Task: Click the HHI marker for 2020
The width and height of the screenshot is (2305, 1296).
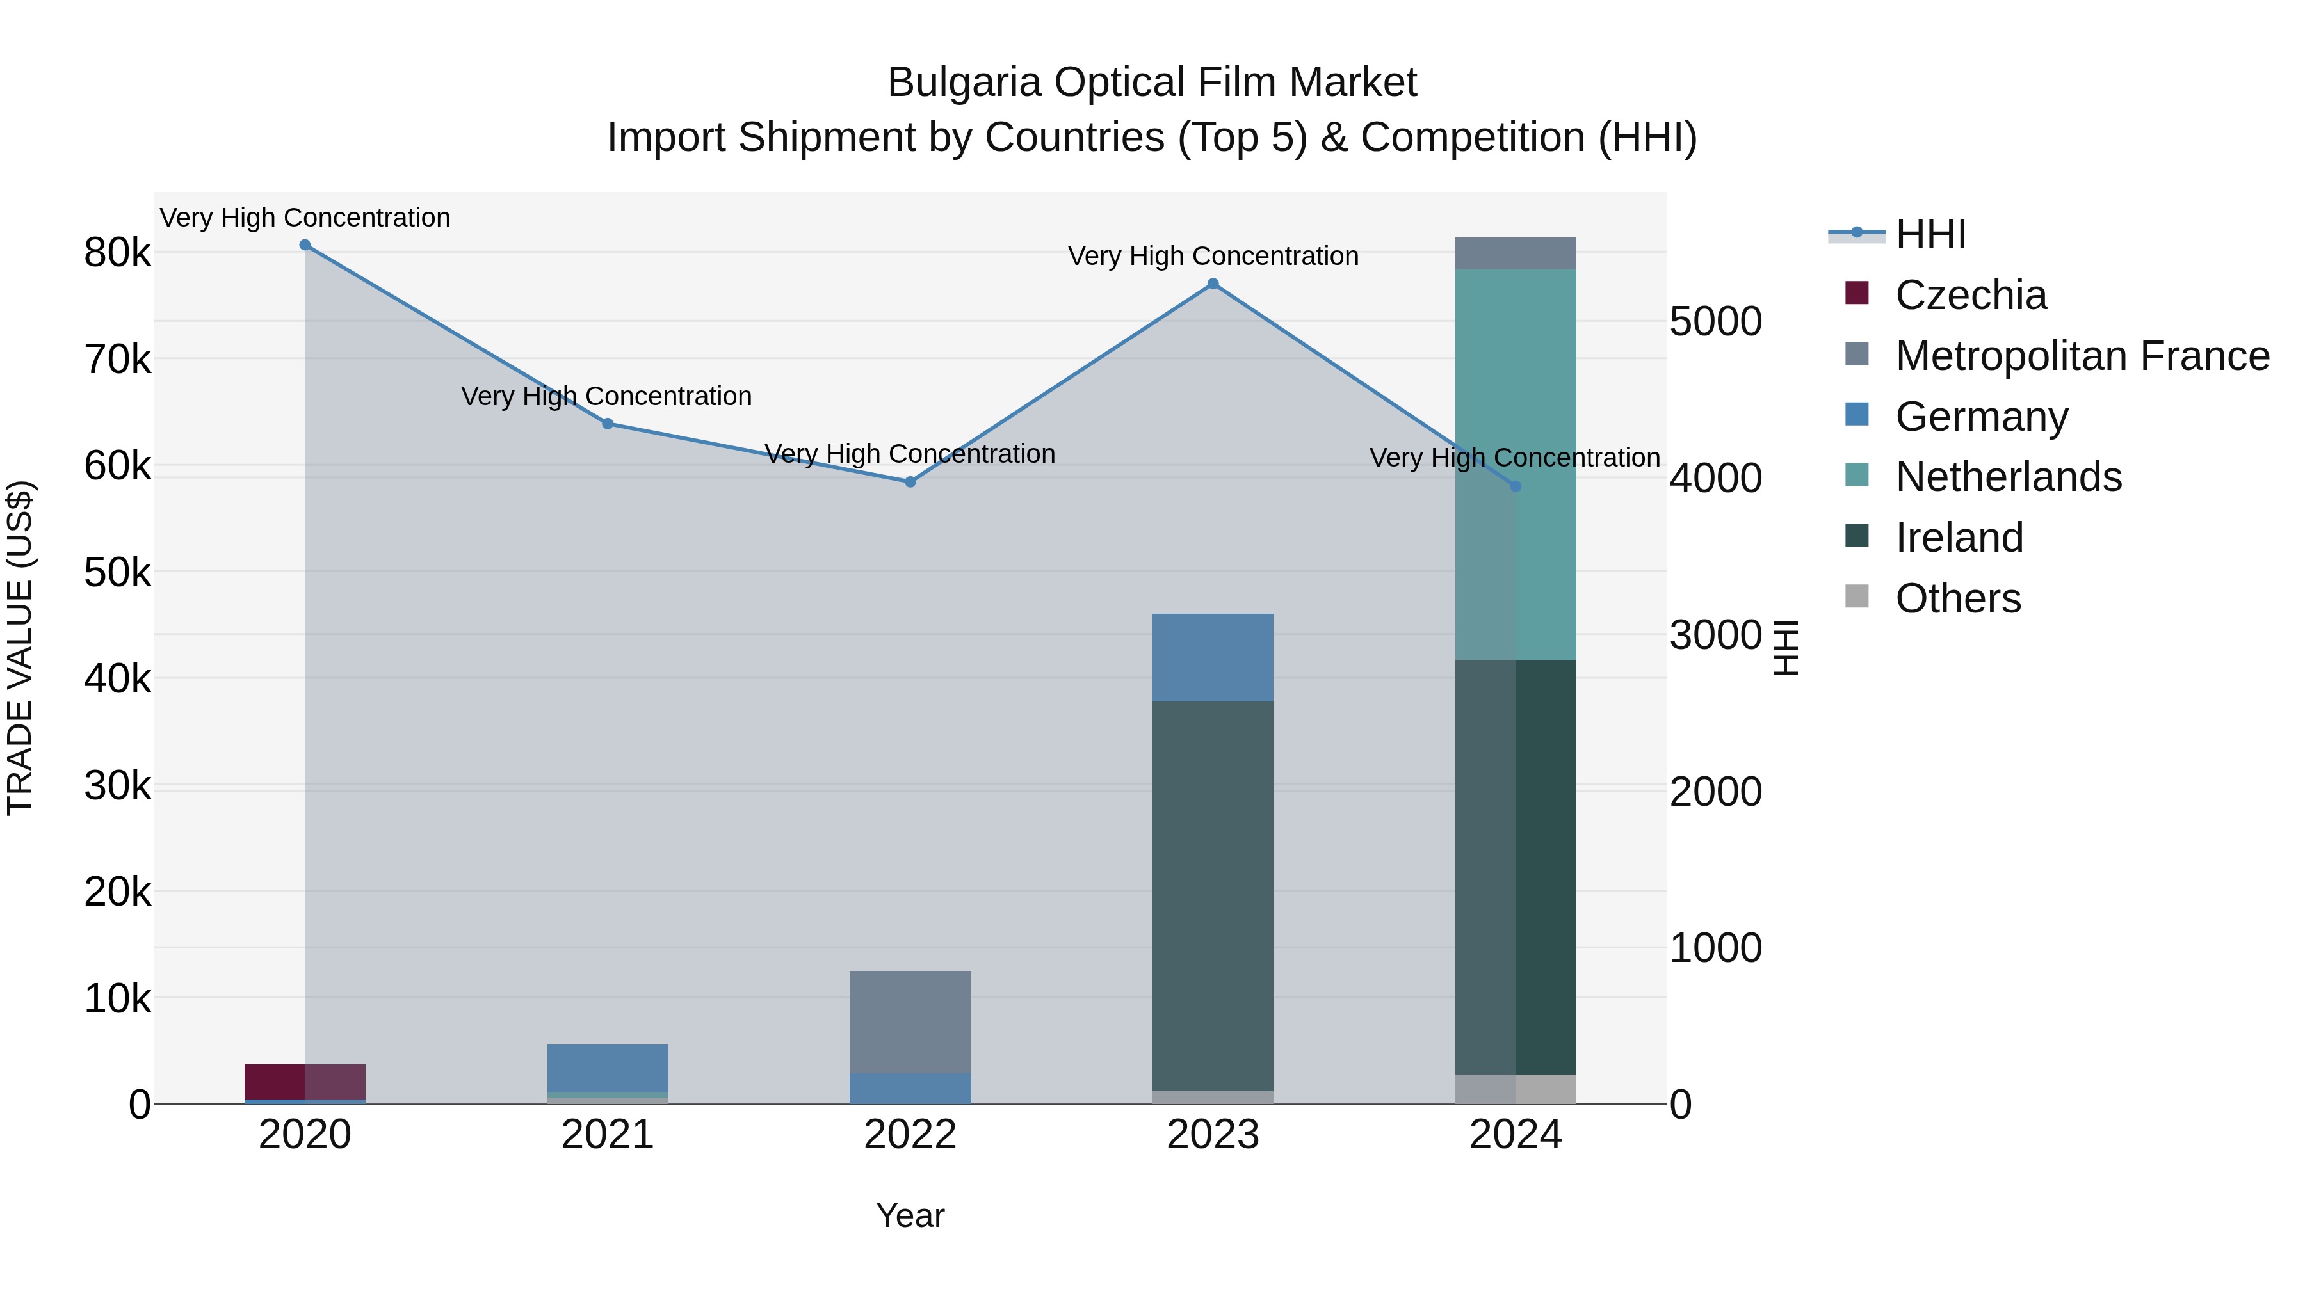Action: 305,245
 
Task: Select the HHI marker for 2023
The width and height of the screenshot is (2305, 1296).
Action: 1213,284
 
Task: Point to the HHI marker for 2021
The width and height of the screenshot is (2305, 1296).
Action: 608,424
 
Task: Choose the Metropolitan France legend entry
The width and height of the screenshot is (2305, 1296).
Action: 2082,356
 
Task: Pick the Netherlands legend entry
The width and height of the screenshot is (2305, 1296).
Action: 2008,477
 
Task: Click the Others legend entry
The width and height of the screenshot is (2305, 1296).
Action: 1958,598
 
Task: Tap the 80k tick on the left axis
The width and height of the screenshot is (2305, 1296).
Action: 117,253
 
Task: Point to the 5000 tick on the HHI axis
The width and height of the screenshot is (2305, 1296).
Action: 1715,322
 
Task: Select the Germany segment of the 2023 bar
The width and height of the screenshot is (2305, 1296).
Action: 1213,657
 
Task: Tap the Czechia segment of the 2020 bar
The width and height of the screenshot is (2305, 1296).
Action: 305,1082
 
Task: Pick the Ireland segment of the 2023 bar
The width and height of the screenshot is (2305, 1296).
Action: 1213,895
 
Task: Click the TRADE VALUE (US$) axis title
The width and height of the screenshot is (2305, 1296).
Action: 20,648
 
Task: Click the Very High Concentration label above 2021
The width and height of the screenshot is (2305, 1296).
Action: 607,396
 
